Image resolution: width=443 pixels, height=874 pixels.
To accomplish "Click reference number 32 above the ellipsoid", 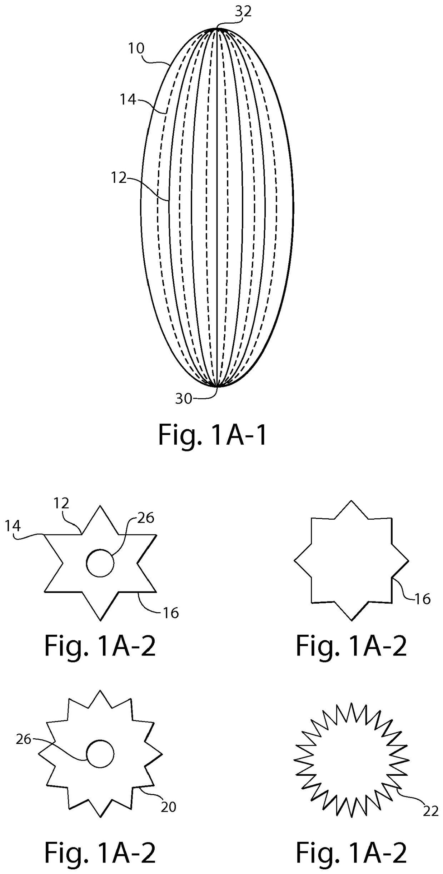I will [243, 11].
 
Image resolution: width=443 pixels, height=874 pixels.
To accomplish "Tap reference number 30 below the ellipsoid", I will [184, 399].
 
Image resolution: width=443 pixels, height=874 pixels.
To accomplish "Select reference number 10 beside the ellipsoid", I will [136, 48].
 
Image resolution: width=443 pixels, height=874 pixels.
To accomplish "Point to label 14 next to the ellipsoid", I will [128, 100].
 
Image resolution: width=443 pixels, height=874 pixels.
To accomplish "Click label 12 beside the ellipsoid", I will [119, 178].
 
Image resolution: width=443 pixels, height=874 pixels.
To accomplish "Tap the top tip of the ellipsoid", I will [217, 28].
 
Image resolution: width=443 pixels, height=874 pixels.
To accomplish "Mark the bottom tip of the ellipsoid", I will [217, 386].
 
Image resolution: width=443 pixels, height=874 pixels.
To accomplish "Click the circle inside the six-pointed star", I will [100, 563].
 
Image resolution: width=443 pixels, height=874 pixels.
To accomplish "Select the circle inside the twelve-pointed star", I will [100, 754].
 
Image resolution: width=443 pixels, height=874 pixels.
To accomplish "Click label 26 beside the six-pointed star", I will [146, 518].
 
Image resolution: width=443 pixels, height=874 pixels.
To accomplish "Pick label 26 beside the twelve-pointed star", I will [24, 739].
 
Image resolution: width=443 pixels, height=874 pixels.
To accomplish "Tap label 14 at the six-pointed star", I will [13, 526].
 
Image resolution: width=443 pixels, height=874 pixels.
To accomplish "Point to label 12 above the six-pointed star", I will [61, 503].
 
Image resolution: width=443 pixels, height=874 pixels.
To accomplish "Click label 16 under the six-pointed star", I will [171, 613].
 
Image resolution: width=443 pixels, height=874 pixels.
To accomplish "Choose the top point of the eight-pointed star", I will [352, 501].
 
